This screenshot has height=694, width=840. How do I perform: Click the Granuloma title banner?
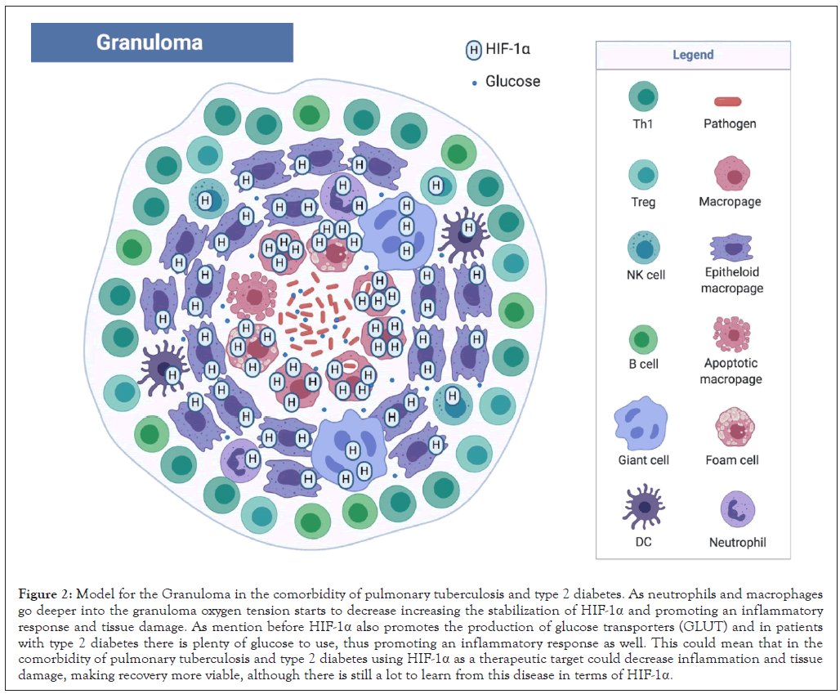coord(162,43)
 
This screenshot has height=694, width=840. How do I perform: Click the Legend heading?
coord(693,55)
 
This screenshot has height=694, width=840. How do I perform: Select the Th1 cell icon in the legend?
coord(643,96)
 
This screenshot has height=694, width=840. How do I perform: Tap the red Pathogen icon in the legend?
coord(728,102)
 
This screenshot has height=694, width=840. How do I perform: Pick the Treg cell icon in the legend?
coord(643,174)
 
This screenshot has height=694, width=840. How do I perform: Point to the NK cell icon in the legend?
coord(644,247)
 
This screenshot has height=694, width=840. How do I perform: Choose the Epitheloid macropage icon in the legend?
coord(731,247)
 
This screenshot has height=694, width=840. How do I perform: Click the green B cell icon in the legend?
coord(643,339)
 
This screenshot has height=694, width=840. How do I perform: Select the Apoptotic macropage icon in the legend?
coord(731,334)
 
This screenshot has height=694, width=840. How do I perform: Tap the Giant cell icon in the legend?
coord(644,425)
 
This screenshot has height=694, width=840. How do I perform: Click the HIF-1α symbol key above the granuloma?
coord(473,51)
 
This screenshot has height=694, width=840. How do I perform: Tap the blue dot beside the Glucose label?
coord(474,82)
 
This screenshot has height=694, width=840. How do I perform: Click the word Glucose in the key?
coord(512,81)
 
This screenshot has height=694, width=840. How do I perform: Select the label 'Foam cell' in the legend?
coord(732,460)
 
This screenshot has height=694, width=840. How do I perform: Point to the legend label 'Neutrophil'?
coord(738,542)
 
